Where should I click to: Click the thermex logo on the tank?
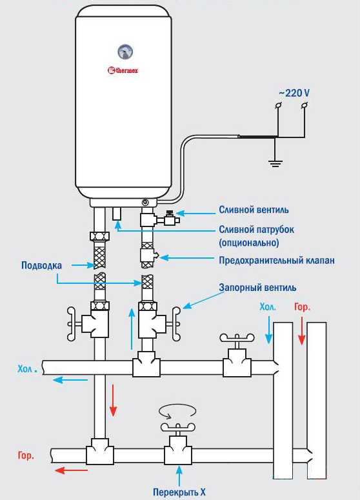(x=123, y=70)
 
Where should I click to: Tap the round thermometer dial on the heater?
(x=125, y=52)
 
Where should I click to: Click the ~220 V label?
(x=294, y=93)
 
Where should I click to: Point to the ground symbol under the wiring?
(x=275, y=164)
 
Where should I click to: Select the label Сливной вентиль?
(x=254, y=210)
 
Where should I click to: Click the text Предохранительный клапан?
(x=277, y=260)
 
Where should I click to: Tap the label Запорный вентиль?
(x=257, y=287)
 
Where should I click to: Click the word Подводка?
(x=41, y=265)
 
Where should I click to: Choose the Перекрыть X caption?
(x=179, y=492)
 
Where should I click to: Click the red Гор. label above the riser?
(x=302, y=306)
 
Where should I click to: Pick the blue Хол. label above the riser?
(x=268, y=306)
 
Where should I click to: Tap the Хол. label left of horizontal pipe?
(x=28, y=369)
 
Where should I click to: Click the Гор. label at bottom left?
(x=26, y=455)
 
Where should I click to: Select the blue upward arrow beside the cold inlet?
(x=132, y=328)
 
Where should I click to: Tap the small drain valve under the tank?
(x=171, y=219)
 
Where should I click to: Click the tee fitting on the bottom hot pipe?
(x=100, y=450)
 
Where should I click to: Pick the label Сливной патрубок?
(x=256, y=230)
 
